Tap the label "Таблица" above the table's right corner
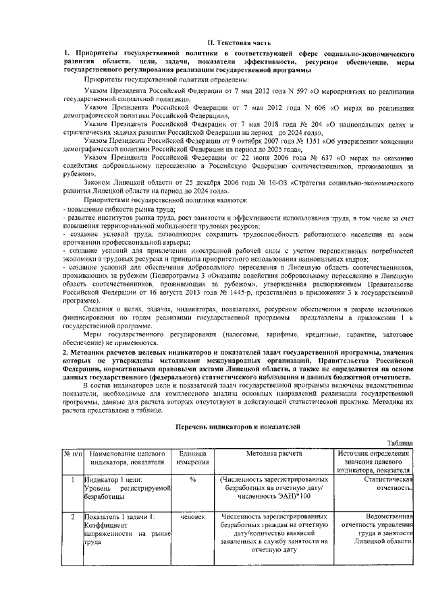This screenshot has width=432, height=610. pos(400,443)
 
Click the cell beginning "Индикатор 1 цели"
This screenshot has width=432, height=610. pos(126,487)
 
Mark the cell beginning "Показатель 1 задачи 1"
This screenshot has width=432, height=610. pos(126,528)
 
